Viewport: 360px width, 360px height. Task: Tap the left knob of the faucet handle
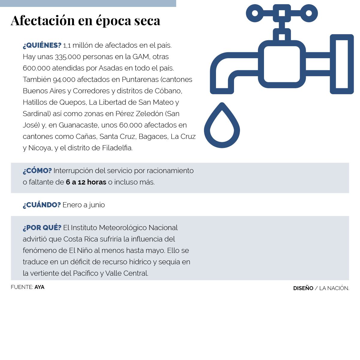(x=255, y=13)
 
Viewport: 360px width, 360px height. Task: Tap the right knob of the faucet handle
(x=309, y=13)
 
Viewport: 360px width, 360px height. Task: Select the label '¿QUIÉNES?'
(x=42, y=45)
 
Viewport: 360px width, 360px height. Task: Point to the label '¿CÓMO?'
(x=37, y=171)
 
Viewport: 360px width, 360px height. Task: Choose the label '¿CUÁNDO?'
(x=42, y=205)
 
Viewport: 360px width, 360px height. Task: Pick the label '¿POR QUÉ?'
(x=42, y=228)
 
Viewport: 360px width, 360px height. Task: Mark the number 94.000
(x=64, y=79)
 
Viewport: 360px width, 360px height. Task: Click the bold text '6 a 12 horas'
(x=86, y=182)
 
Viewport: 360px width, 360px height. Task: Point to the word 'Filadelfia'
(x=117, y=148)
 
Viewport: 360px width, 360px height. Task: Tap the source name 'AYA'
(x=39, y=287)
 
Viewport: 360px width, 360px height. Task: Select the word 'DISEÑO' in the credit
(x=303, y=288)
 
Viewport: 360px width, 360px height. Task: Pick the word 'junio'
(x=97, y=205)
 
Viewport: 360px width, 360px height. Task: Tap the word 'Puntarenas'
(x=140, y=79)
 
